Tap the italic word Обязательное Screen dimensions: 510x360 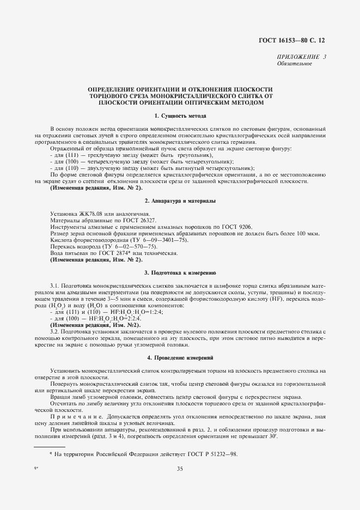pyautogui.click(x=294, y=64)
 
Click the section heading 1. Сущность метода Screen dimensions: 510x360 pyautogui.click(x=180, y=116)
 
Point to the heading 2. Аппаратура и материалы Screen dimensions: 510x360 pyautogui.click(x=180, y=201)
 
